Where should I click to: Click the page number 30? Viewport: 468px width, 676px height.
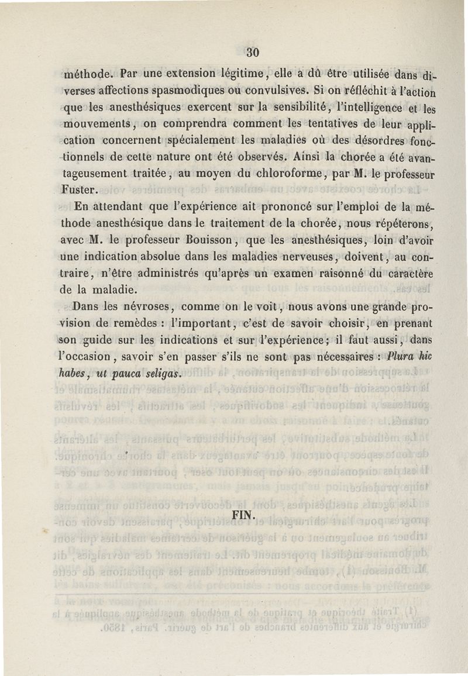click(x=252, y=52)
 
